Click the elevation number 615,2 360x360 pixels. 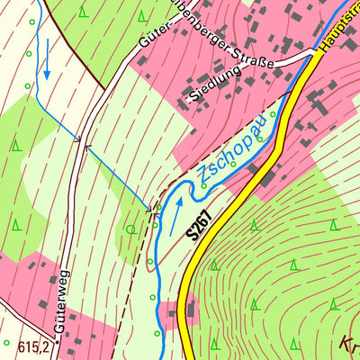tap(32, 344)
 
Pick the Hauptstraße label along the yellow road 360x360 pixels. tap(337, 36)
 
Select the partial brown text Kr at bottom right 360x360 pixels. tap(348, 344)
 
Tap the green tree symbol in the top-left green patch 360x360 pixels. tap(83, 13)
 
